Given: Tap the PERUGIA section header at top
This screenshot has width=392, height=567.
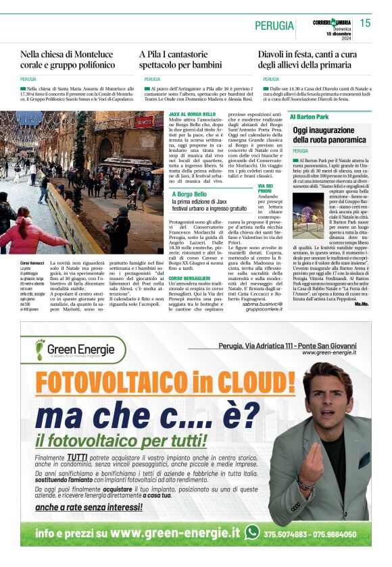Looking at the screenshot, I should point(274,26).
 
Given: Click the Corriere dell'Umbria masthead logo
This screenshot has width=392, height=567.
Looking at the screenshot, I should point(330,23).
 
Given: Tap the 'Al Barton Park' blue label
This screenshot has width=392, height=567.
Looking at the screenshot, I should point(310,117).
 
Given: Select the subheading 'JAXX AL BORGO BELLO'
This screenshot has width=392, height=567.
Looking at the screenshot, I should point(192,115).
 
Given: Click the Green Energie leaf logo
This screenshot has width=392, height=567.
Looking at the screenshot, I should point(40,348).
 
